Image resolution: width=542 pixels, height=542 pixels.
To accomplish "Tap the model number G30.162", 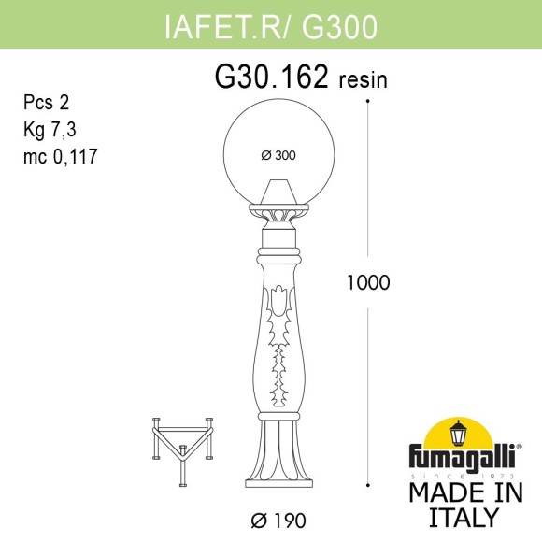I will (271, 79).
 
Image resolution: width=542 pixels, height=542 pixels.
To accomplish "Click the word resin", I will (361, 81).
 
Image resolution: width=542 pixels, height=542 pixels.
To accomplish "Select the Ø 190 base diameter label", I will (279, 519).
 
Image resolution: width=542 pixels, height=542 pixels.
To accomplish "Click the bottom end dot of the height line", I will (367, 486).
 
